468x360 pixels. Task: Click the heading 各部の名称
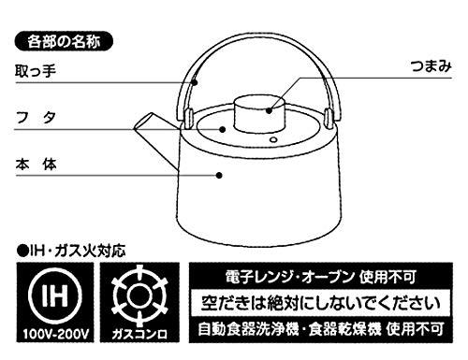[64, 41]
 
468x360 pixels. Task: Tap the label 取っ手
[36, 70]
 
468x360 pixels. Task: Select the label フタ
[36, 118]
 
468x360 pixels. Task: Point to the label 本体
[36, 165]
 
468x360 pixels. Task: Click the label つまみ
[431, 66]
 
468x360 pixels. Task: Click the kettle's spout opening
[143, 121]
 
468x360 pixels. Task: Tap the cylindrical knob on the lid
[260, 113]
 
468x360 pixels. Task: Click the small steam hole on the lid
[273, 139]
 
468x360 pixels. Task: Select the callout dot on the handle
[194, 82]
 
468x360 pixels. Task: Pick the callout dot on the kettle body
[219, 176]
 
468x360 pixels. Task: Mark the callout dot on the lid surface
[223, 129]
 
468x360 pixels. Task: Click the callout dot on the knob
[270, 110]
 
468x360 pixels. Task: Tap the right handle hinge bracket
[329, 118]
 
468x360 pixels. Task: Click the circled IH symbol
[55, 295]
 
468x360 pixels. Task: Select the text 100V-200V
[55, 334]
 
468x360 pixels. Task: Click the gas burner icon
[139, 295]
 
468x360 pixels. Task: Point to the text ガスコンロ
[139, 334]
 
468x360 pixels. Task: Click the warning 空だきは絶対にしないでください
[321, 303]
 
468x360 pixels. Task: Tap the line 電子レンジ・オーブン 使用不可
[321, 277]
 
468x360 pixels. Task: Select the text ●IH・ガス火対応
[71, 252]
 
